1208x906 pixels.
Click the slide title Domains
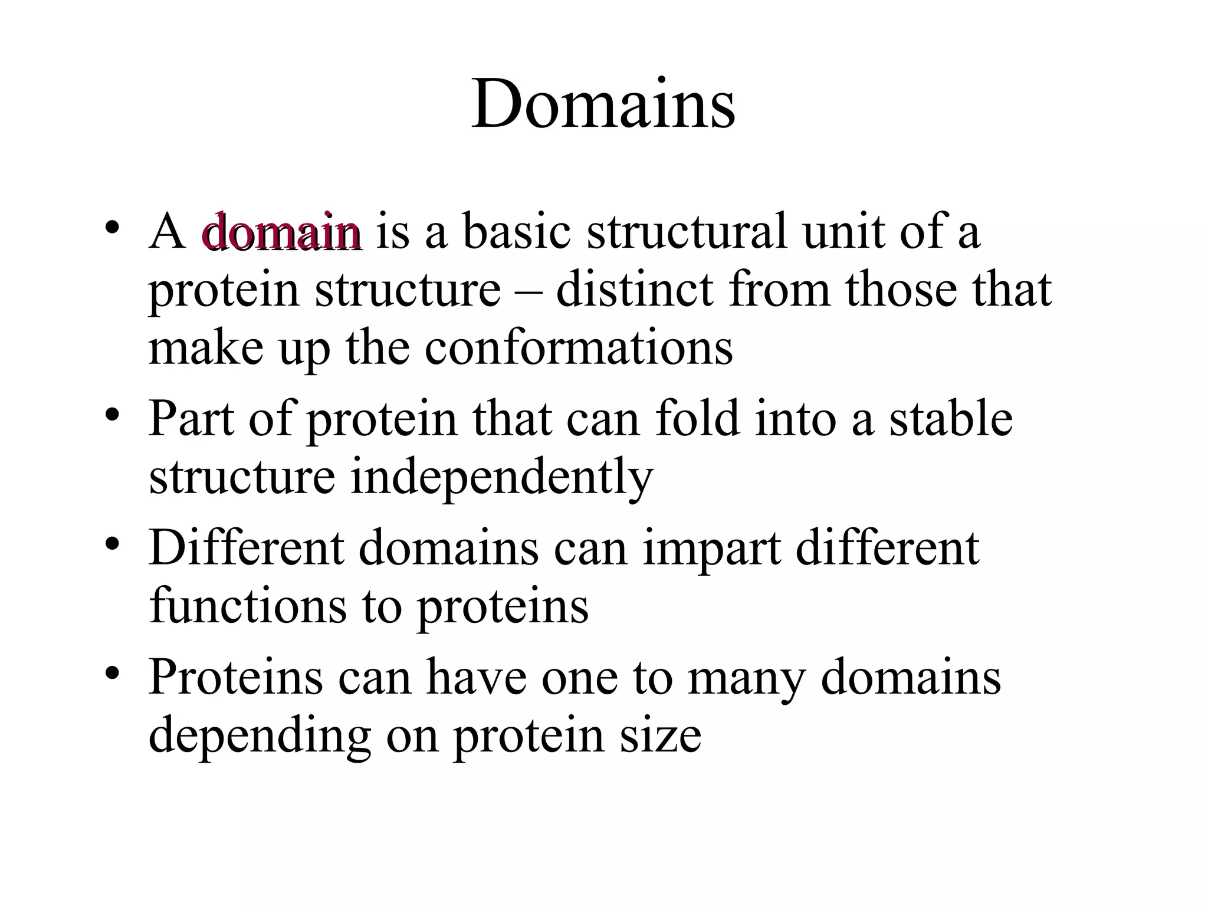[x=603, y=105]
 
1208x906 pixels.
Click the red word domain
[x=281, y=232]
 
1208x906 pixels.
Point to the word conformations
[x=579, y=347]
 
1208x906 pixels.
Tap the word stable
[x=951, y=418]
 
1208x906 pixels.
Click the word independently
[x=502, y=477]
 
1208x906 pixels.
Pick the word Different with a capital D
[x=246, y=548]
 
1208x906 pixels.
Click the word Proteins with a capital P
[x=235, y=677]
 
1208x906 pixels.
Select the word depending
[x=260, y=737]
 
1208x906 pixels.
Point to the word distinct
[x=634, y=290]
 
